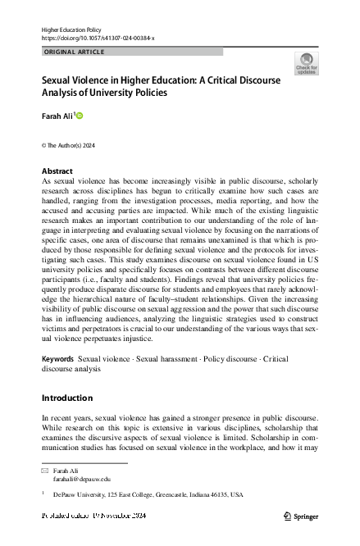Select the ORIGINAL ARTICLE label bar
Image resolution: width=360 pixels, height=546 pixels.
tap(131, 52)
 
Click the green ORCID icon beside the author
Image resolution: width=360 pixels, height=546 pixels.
tap(80, 117)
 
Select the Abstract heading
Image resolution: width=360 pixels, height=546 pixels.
tap(57, 171)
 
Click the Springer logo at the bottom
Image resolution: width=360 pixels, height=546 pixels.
tap(300, 516)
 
